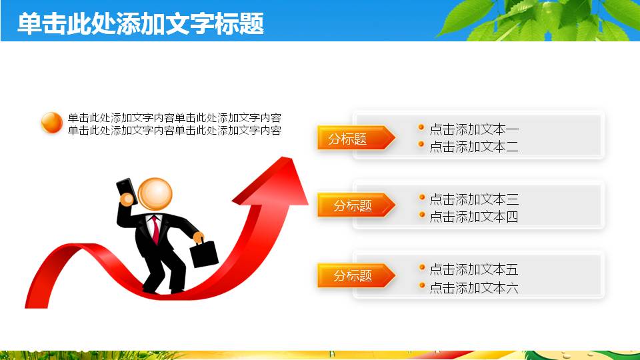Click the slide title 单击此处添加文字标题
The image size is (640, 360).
[141, 23]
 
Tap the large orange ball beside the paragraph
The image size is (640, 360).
[51, 123]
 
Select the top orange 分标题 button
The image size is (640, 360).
[353, 138]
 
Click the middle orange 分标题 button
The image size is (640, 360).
[353, 205]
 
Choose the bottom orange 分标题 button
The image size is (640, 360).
[353, 275]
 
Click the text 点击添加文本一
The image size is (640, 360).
[473, 129]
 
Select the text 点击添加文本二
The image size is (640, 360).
[473, 147]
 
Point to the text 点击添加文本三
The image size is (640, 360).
[473, 199]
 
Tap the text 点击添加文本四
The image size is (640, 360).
[473, 217]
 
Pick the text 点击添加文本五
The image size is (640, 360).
[473, 269]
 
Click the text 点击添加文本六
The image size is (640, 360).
[473, 288]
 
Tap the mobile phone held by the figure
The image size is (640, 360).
[126, 191]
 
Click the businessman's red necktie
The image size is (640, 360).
[155, 229]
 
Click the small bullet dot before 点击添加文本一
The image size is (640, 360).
[421, 127]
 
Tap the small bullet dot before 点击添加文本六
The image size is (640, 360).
[421, 285]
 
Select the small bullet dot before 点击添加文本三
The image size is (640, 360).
[421, 197]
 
